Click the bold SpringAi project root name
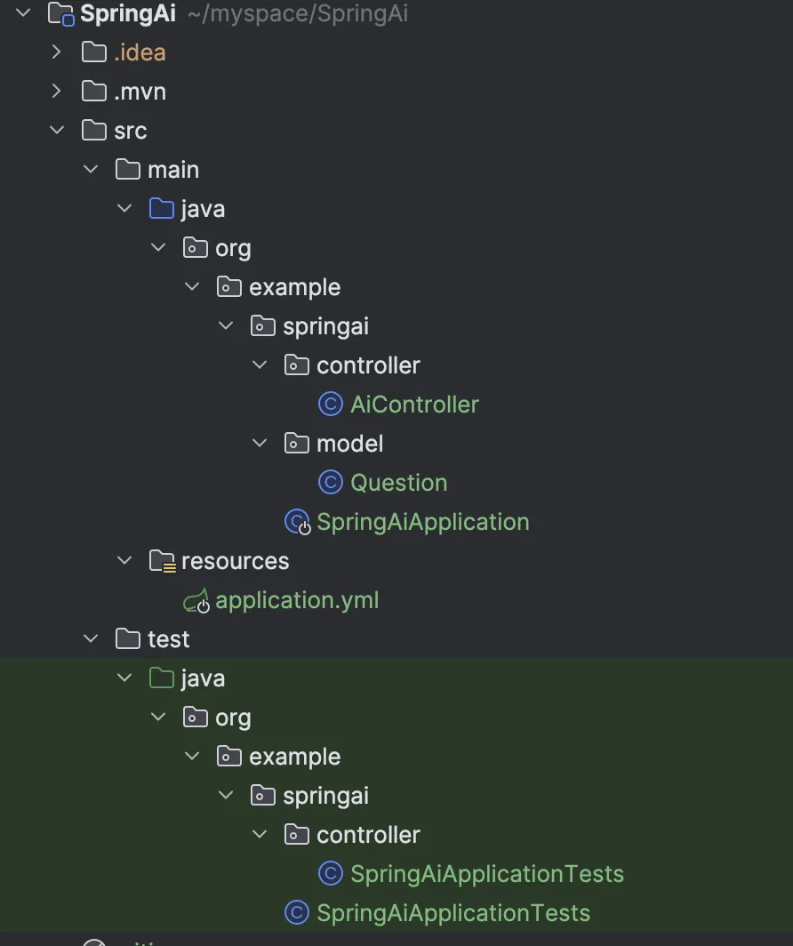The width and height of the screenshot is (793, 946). (127, 13)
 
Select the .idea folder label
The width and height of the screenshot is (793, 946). (140, 52)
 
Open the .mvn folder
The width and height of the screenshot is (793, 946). (140, 92)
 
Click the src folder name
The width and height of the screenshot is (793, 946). (130, 131)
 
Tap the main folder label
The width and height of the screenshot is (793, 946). (172, 170)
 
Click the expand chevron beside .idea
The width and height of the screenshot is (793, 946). (57, 52)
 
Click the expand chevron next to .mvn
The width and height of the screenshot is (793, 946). (57, 92)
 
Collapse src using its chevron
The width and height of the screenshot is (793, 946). (57, 131)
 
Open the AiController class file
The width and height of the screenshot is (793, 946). (414, 405)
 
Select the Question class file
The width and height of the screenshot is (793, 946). (398, 483)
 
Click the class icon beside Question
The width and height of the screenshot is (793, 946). (330, 483)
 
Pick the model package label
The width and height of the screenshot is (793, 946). (349, 444)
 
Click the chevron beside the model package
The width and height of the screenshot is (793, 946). (260, 444)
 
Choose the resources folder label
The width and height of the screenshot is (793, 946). (235, 561)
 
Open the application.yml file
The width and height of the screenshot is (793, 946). (297, 600)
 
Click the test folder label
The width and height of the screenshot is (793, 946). (168, 639)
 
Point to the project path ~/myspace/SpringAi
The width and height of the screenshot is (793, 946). (298, 14)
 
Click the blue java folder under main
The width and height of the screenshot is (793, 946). (202, 209)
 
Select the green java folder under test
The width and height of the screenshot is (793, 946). (202, 678)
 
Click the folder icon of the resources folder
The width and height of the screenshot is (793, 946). (162, 561)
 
